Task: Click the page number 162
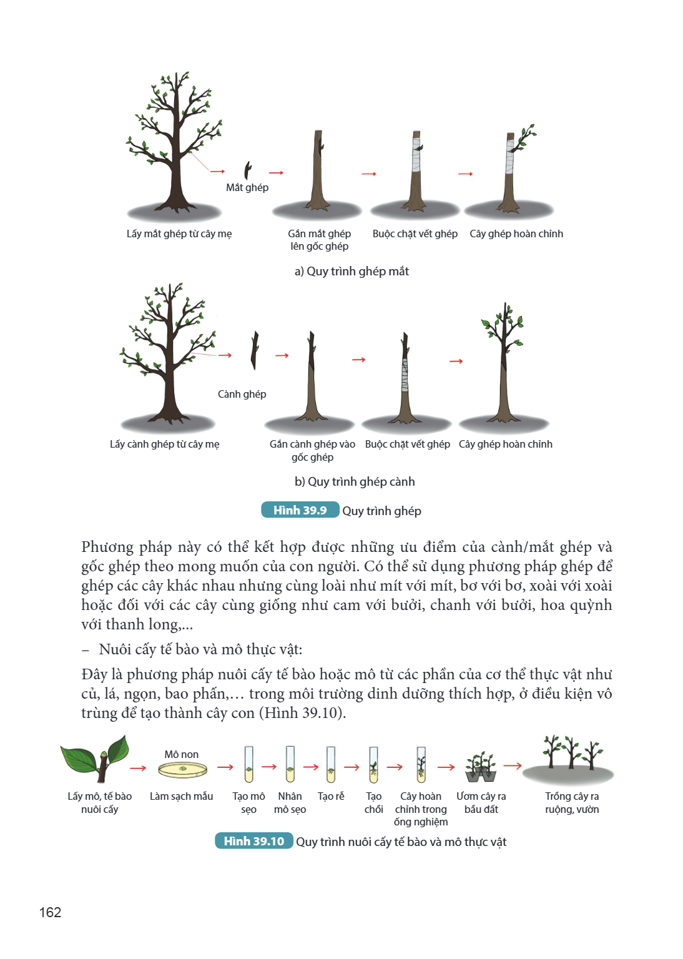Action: (x=50, y=912)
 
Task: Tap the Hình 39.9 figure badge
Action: (x=300, y=510)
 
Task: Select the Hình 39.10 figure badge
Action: (x=254, y=841)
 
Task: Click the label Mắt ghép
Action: (x=247, y=187)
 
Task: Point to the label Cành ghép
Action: (x=242, y=394)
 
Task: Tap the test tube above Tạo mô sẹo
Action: (x=248, y=764)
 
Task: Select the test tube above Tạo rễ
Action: (x=331, y=764)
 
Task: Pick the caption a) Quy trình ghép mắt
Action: (x=351, y=272)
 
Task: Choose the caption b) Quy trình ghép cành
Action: (x=355, y=481)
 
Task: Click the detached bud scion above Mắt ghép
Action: (x=247, y=170)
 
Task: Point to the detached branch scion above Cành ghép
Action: (x=255, y=350)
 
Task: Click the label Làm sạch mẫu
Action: (x=181, y=796)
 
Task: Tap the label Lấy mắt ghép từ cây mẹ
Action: (x=179, y=234)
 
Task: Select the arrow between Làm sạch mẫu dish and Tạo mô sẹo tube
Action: (x=225, y=767)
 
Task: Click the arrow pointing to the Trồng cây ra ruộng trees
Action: (x=512, y=765)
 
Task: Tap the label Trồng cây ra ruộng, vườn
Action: (x=572, y=803)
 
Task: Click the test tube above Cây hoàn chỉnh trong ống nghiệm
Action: (x=421, y=764)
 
